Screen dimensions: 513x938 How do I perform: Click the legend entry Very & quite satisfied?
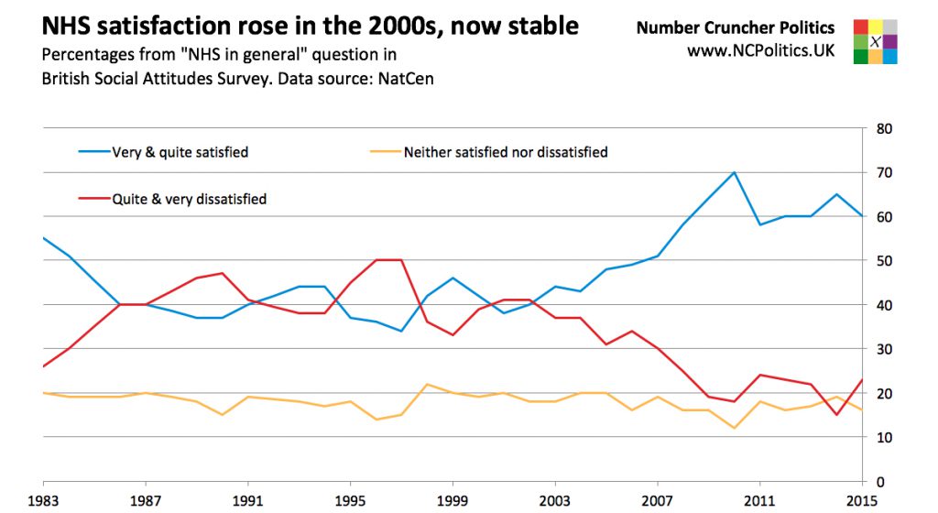tap(180, 152)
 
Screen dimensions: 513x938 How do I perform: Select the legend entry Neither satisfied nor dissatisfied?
tap(505, 152)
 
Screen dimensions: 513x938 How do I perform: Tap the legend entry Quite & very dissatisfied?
tap(189, 198)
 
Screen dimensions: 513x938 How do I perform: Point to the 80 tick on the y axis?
tap(885, 129)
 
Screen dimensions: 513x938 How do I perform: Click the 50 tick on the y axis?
tap(885, 261)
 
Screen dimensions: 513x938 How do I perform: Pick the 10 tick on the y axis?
tap(885, 437)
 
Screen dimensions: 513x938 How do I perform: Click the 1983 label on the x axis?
tap(43, 500)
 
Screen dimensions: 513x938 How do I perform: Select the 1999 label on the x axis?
tap(452, 500)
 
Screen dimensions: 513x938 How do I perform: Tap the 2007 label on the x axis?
tap(657, 500)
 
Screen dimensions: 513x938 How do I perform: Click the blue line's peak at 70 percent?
tap(735, 172)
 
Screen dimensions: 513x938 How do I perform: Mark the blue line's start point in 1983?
tap(44, 238)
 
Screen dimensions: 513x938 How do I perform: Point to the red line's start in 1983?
tap(44, 366)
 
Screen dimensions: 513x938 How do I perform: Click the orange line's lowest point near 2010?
tap(735, 428)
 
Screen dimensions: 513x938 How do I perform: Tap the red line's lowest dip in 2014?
tap(836, 415)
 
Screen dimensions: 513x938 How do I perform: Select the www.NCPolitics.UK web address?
tap(760, 50)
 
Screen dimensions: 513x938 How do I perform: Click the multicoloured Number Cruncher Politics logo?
tap(875, 41)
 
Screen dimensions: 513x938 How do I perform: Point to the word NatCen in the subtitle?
tap(403, 79)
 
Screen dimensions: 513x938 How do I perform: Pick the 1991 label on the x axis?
tap(247, 500)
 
